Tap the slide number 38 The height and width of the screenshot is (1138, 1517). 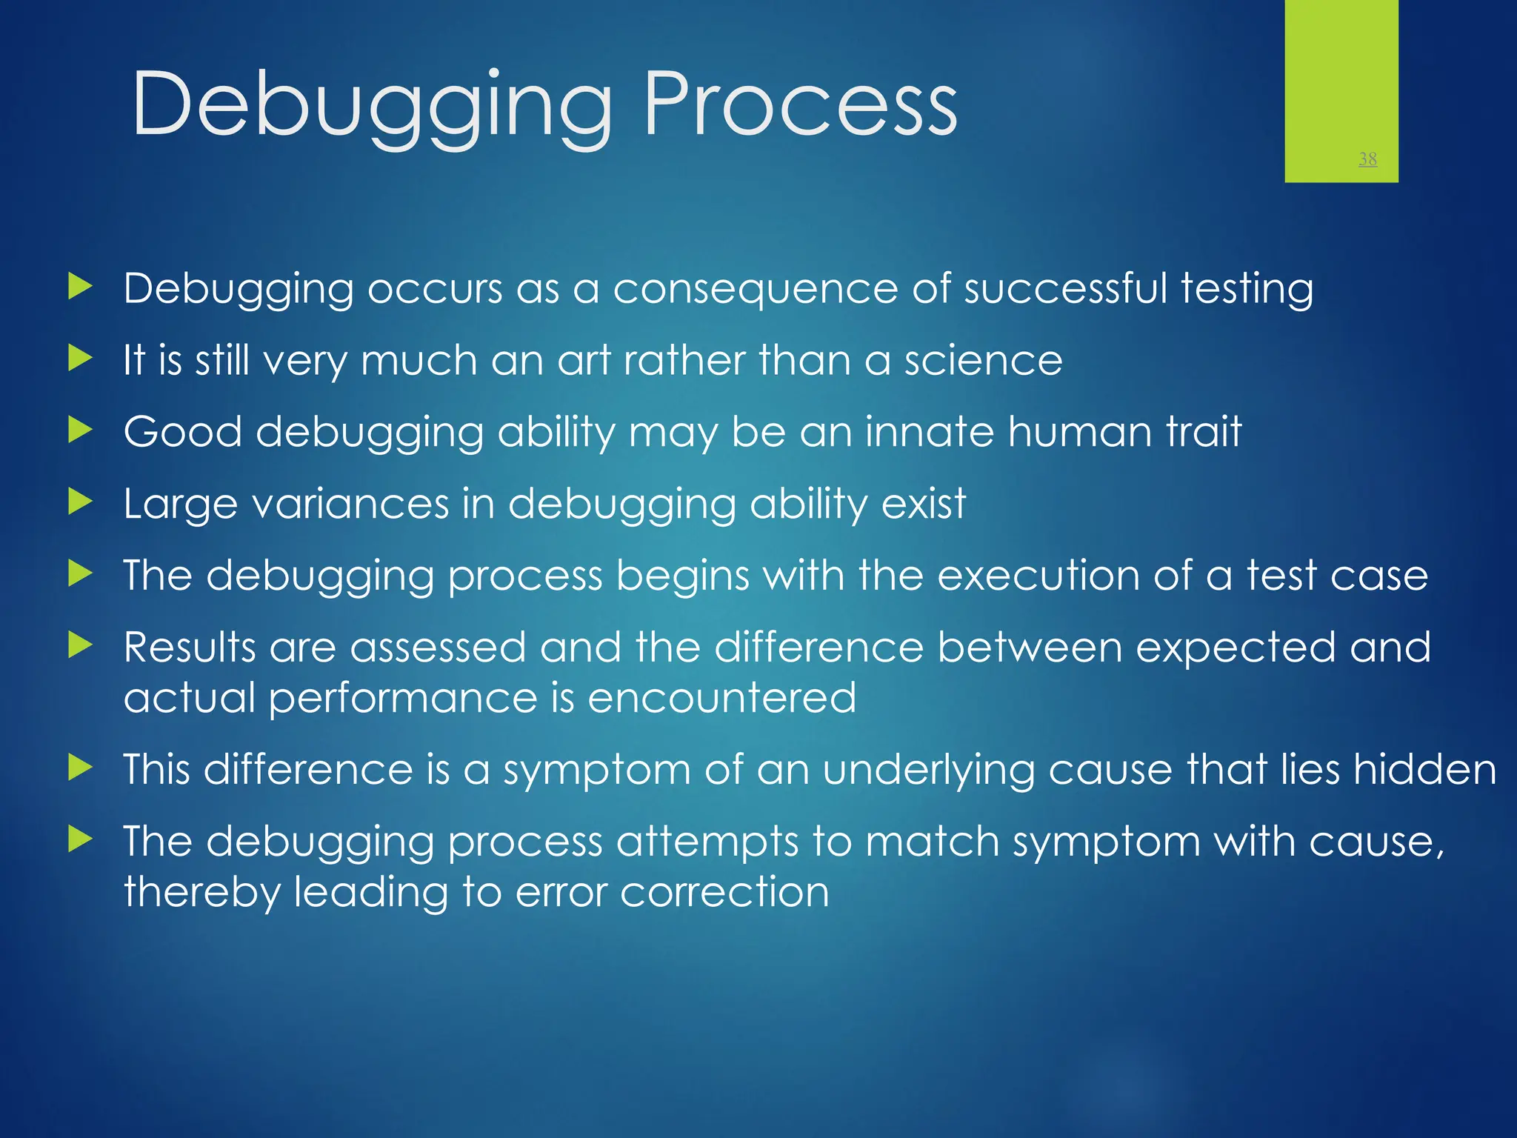tap(1367, 159)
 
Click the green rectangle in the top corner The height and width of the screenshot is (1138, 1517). tap(1341, 74)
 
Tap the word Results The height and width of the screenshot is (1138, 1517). tap(189, 648)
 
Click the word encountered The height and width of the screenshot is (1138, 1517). tap(721, 698)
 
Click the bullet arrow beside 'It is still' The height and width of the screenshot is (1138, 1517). tap(80, 359)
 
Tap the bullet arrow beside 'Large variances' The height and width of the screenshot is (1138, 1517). tap(80, 502)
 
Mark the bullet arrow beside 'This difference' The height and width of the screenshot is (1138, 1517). tap(80, 768)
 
